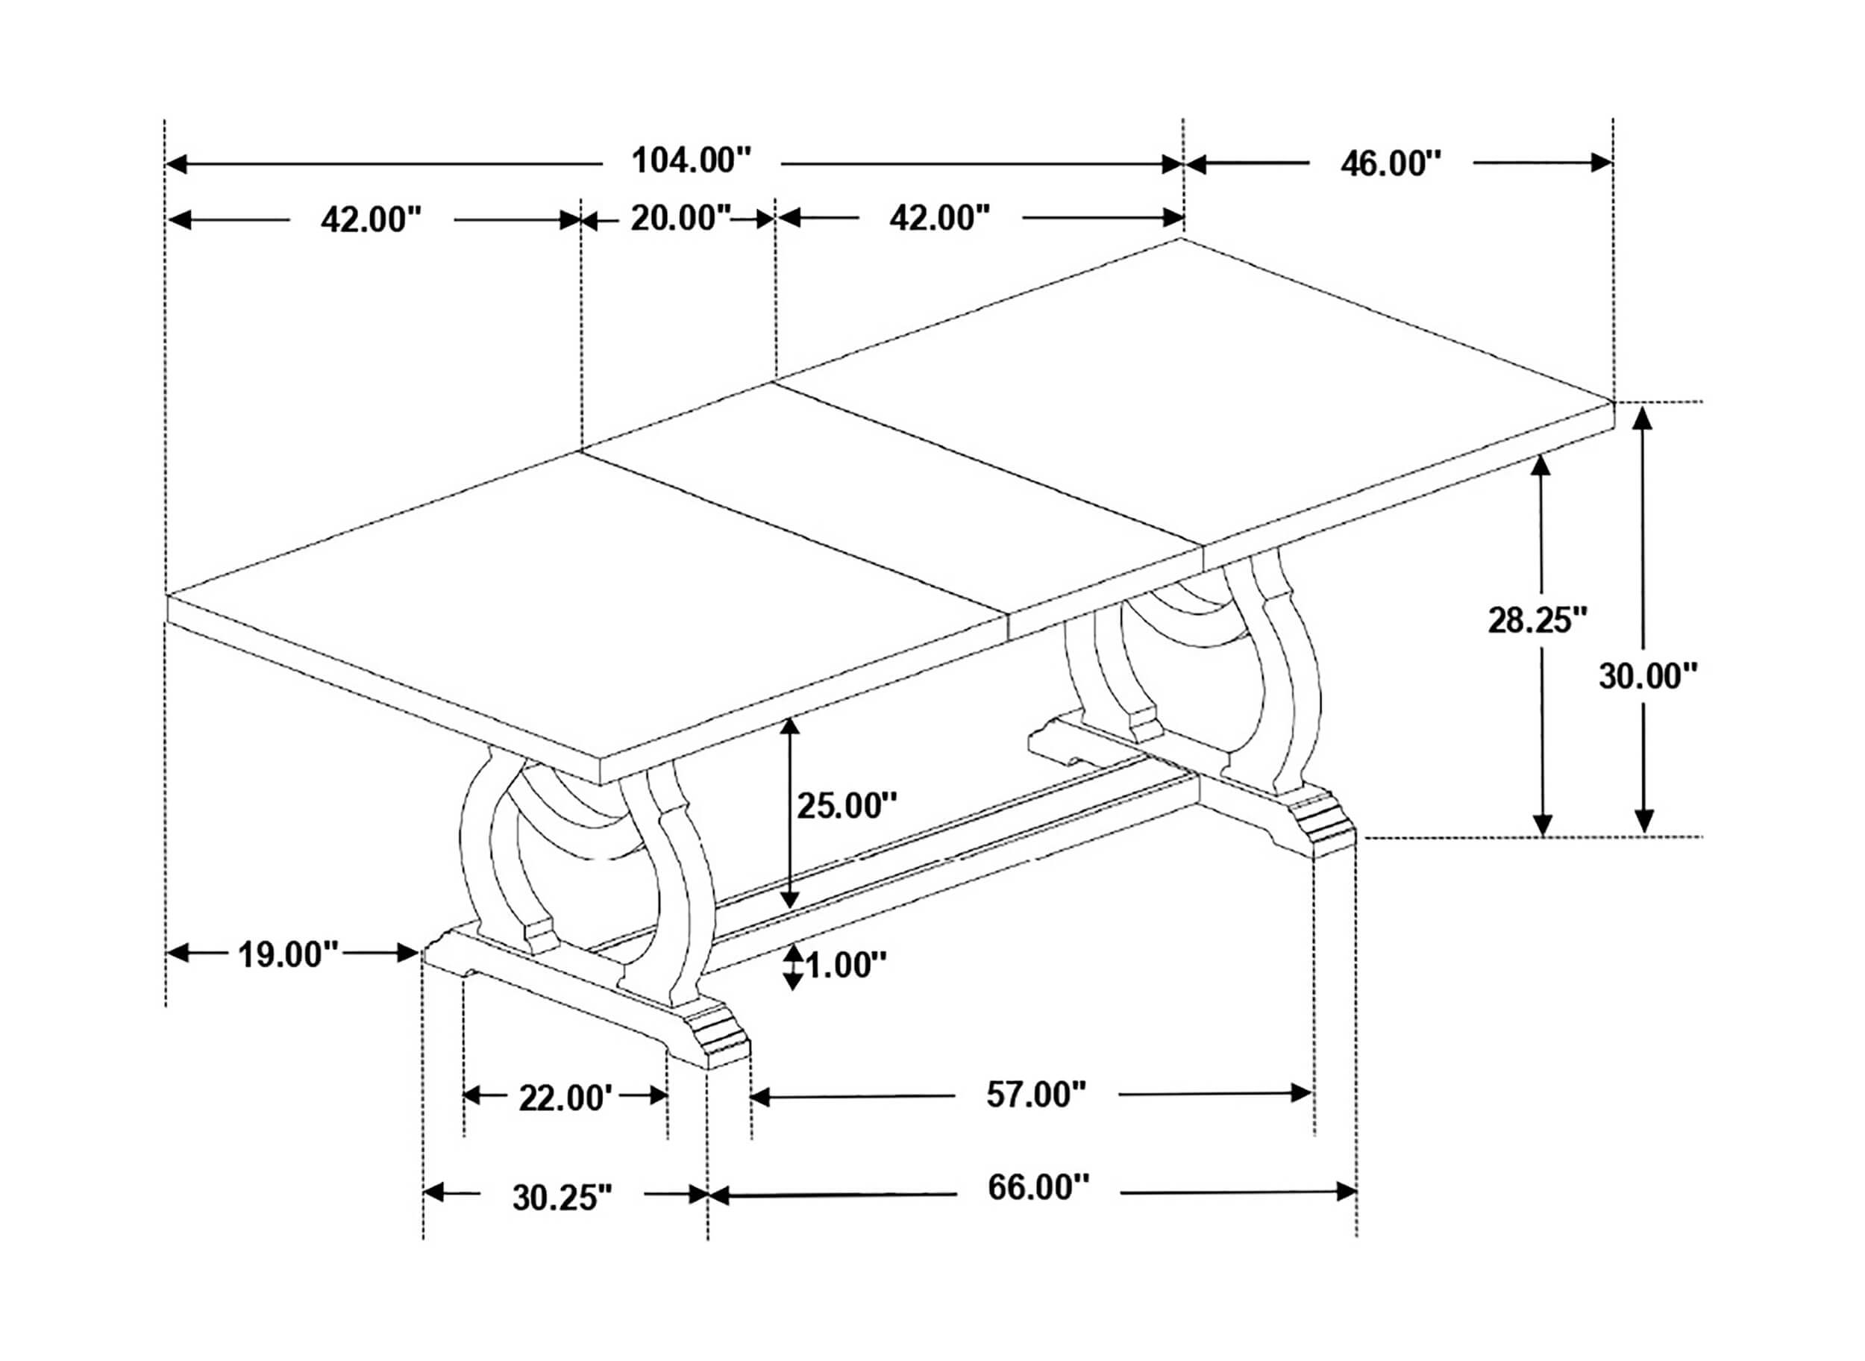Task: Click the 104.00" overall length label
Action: [692, 160]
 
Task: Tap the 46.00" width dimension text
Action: [1391, 163]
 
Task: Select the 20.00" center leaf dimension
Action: [680, 219]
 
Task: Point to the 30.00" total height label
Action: [1649, 675]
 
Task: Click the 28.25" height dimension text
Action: [1538, 619]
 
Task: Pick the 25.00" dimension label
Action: [847, 805]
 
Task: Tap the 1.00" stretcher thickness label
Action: [846, 965]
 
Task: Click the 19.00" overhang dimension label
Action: [288, 954]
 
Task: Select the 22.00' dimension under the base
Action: [566, 1098]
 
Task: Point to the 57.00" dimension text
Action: [1036, 1094]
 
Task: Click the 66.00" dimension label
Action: [1038, 1187]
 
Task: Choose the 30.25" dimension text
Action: [562, 1197]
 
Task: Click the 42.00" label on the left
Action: [371, 220]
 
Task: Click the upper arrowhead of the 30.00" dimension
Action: [1643, 419]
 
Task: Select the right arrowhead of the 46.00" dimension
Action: [1601, 163]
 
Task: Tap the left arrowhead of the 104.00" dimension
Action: [177, 163]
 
